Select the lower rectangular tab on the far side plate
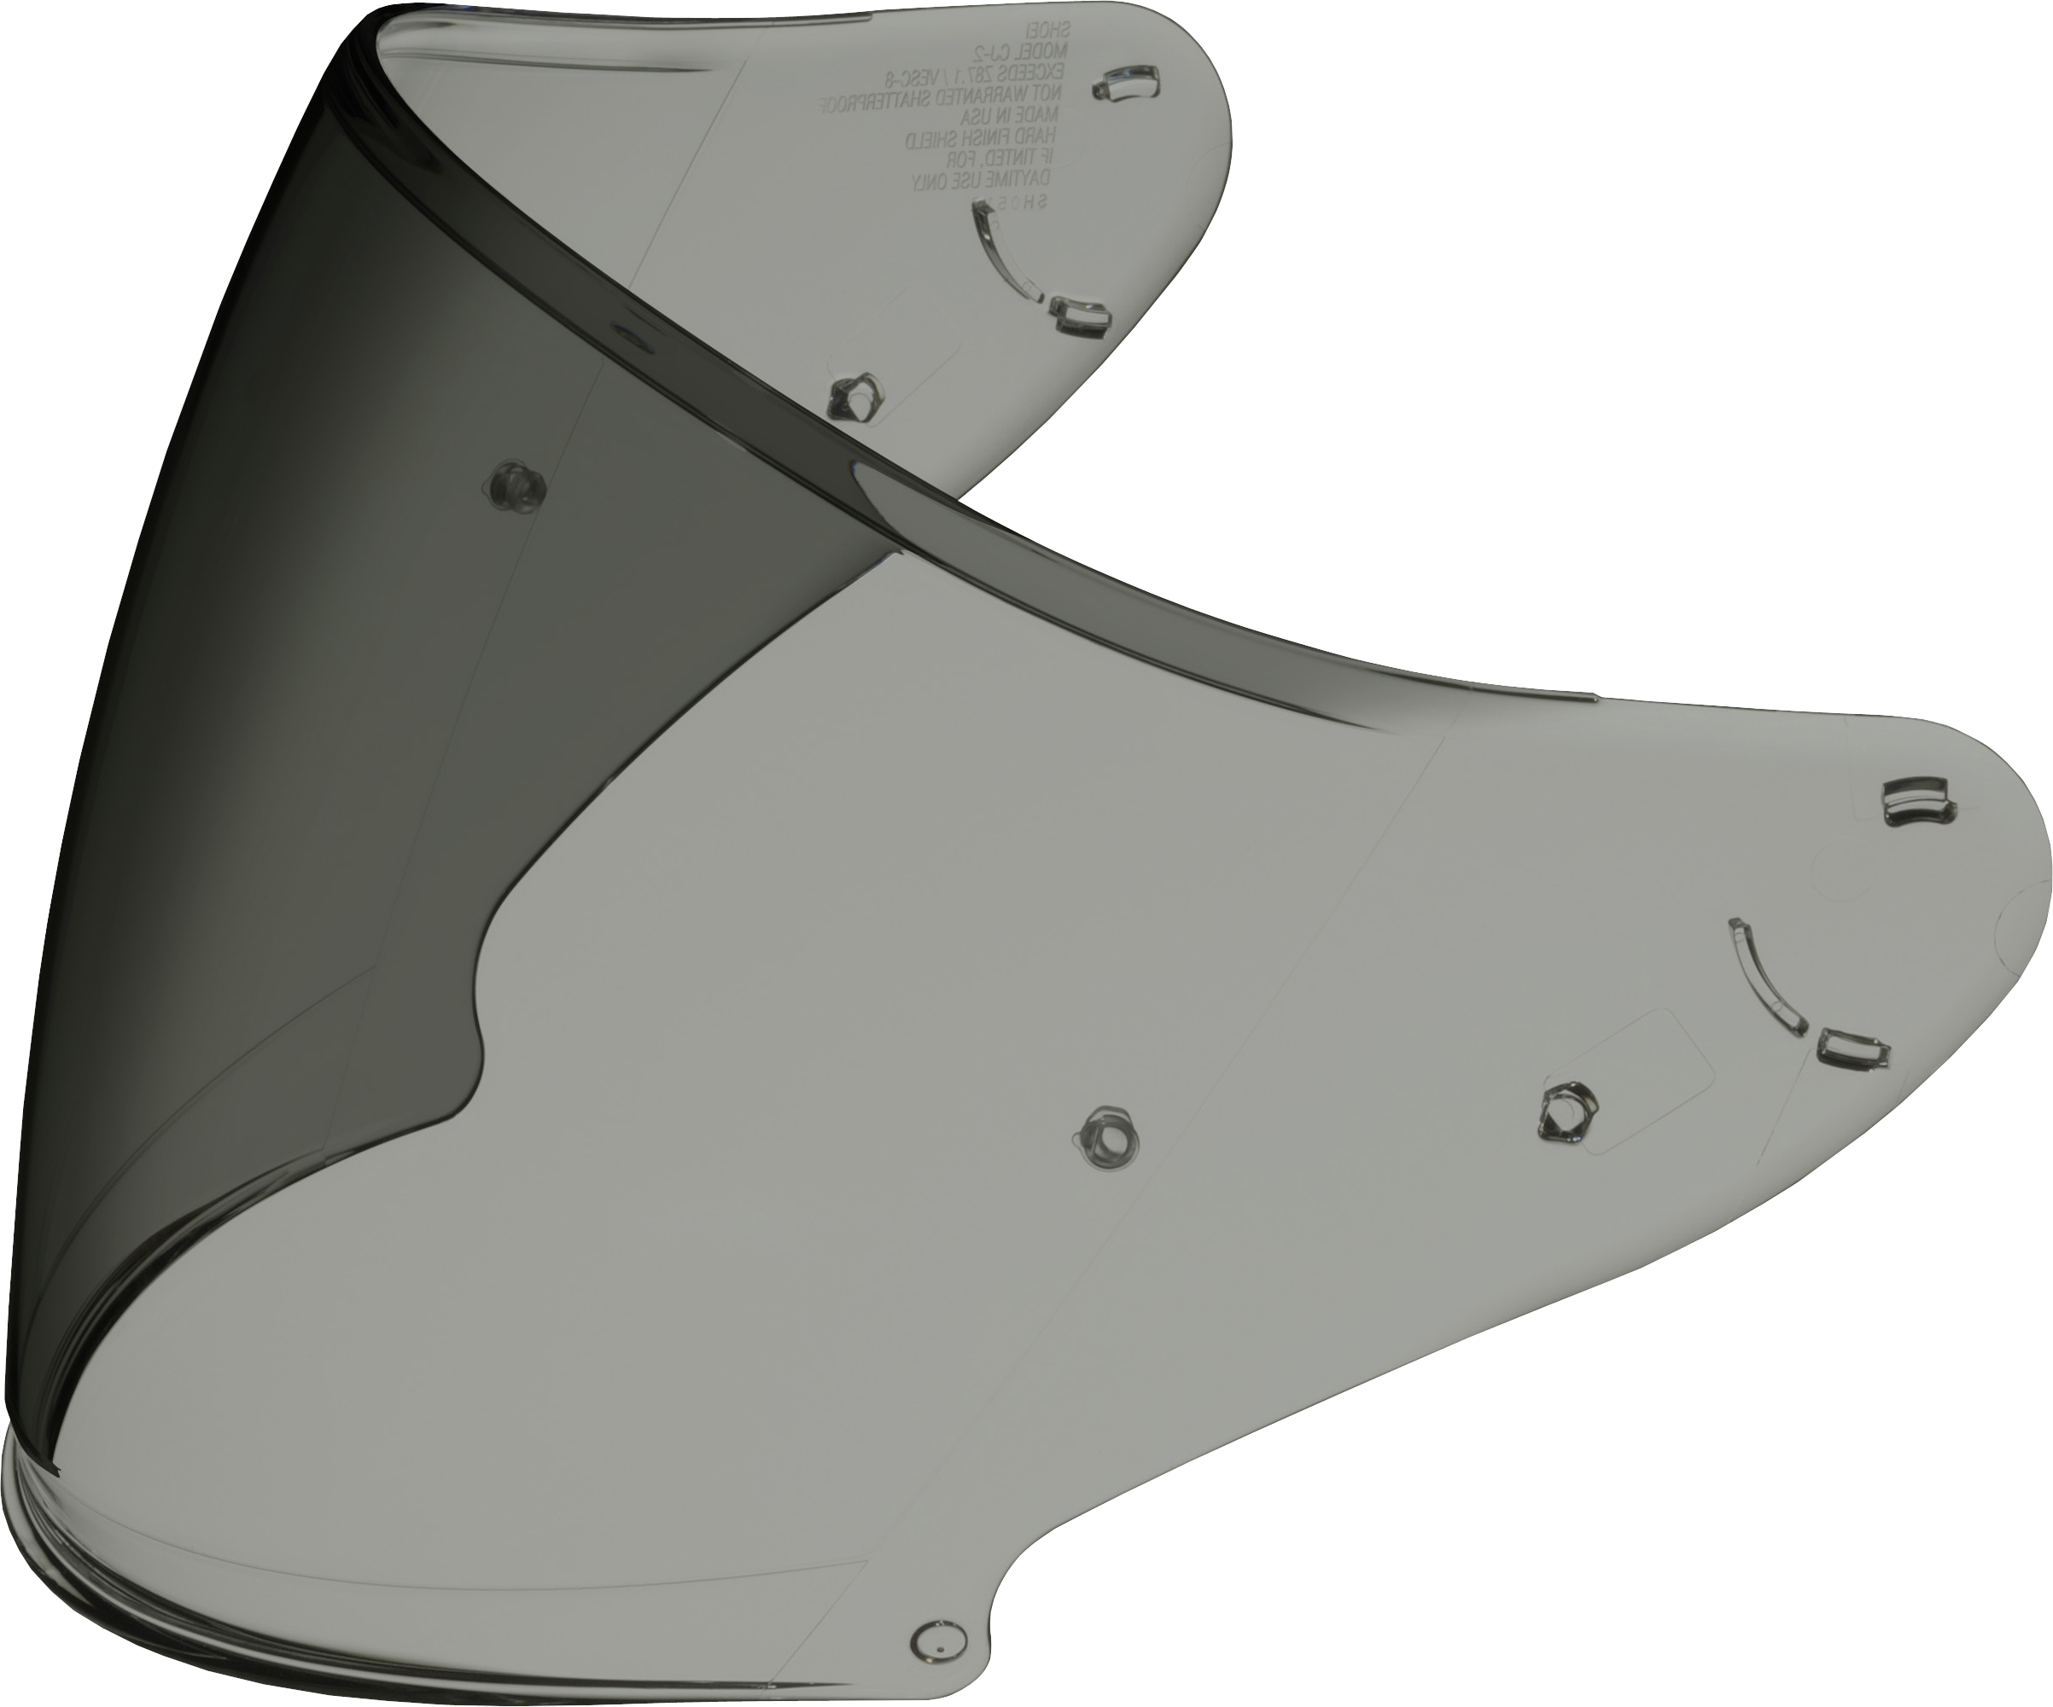tap(1082, 317)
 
